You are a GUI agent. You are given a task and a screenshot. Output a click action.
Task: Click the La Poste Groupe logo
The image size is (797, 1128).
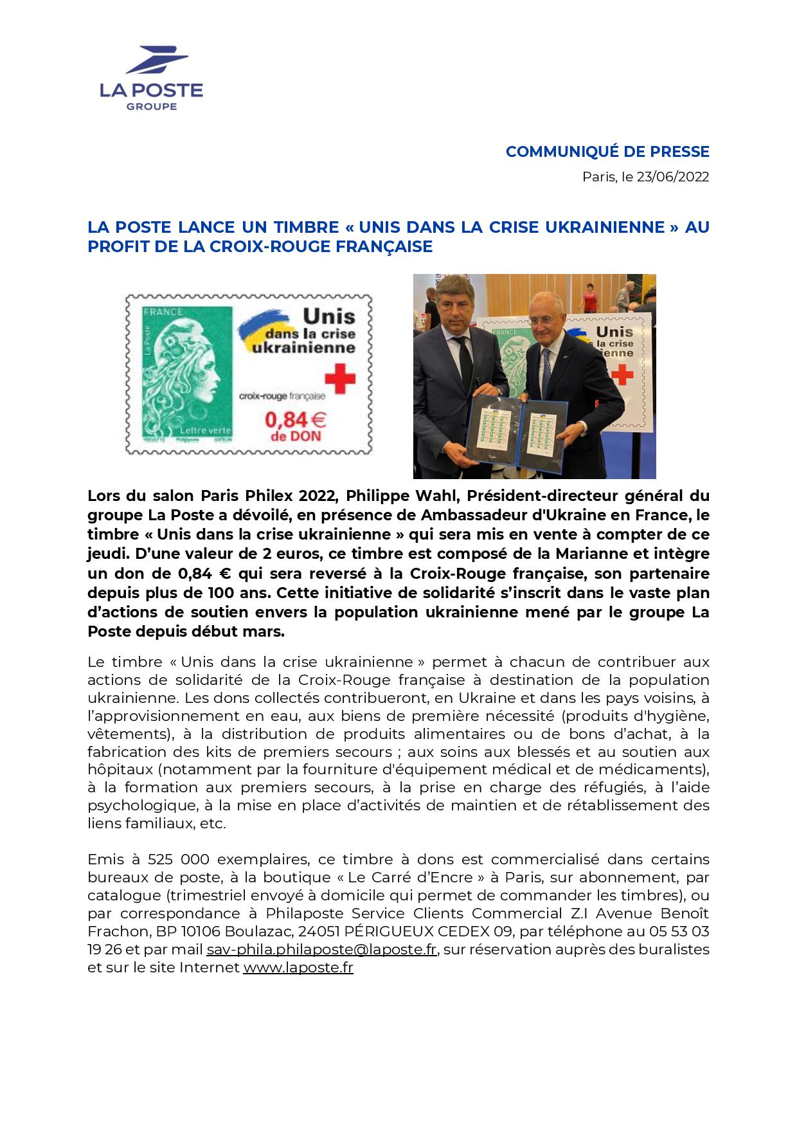coord(151,78)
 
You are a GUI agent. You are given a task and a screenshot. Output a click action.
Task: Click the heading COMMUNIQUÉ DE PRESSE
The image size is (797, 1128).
coord(607,152)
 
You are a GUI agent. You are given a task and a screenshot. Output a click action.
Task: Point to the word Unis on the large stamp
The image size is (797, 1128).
coord(328,316)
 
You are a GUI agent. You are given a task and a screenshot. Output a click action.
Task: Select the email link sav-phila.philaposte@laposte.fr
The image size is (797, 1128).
coord(321,949)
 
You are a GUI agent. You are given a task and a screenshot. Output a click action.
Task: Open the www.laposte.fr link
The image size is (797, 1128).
coord(298,967)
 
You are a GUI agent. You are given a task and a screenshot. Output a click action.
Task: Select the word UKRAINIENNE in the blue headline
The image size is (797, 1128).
coord(605,227)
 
